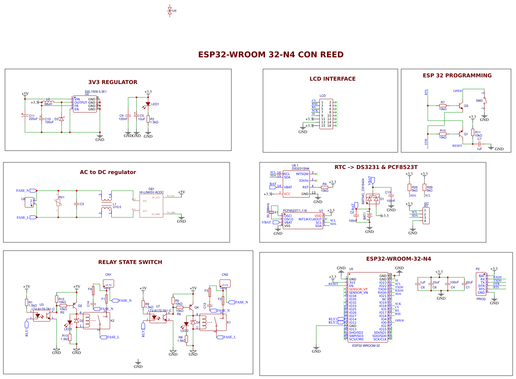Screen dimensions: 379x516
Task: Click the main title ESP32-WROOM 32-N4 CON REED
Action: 271,55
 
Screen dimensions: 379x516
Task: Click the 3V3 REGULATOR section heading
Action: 113,82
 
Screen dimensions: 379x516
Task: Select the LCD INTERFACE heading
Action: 332,79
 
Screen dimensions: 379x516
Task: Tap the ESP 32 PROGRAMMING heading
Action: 457,76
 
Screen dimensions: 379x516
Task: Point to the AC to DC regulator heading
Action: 108,172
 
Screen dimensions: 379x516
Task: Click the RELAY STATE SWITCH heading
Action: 130,262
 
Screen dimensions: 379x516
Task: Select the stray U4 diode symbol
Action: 170,11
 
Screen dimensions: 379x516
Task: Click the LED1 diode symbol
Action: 148,104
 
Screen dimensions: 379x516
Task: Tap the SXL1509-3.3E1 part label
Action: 96,91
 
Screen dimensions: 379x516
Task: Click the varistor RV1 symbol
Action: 58,202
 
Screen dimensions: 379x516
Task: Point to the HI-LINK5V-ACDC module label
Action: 151,192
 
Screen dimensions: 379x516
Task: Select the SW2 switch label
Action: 479,101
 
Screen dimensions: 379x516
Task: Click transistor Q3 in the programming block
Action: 461,106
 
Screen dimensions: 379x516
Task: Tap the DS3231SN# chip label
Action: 300,169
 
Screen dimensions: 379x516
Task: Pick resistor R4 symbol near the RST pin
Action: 325,187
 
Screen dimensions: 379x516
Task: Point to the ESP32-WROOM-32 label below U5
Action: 366,346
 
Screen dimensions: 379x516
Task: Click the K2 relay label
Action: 112,321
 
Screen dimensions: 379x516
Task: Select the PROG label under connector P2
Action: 481,299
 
